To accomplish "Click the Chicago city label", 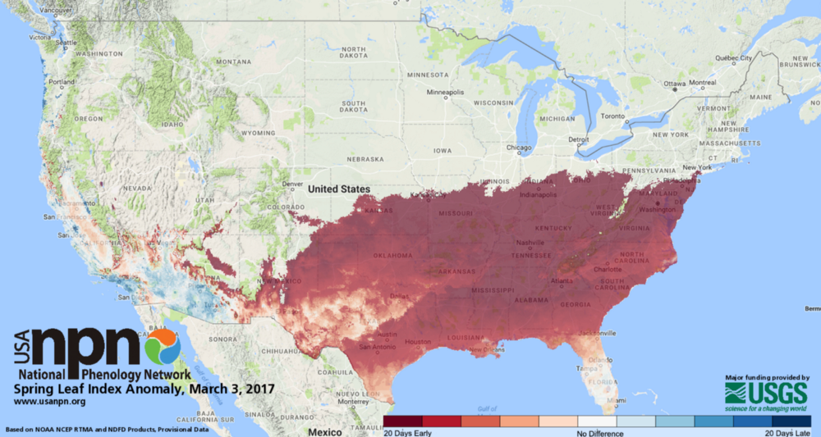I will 518,148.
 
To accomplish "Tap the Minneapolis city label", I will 445,92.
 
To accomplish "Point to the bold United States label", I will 338,189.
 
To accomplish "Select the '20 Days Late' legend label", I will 787,432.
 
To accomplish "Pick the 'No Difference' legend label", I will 599,432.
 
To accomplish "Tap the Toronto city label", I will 612,117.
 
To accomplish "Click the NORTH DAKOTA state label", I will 354,53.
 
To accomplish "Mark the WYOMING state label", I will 259,132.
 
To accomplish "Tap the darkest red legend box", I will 402,421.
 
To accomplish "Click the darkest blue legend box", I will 791,421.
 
